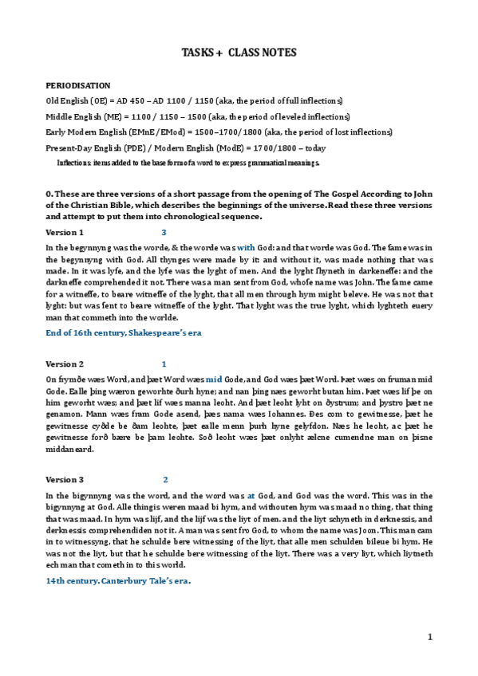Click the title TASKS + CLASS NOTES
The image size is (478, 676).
coord(239,53)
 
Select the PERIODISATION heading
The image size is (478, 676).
coord(77,85)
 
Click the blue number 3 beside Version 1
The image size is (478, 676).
coord(164,232)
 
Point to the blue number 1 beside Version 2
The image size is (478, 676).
coord(164,364)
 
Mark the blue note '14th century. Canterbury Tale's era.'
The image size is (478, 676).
coord(118,580)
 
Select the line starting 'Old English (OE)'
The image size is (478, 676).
coord(194,100)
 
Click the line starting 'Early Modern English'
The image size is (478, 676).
coord(207,132)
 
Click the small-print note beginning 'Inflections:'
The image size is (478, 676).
coord(188,163)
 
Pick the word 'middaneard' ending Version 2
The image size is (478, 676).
coord(71,449)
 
